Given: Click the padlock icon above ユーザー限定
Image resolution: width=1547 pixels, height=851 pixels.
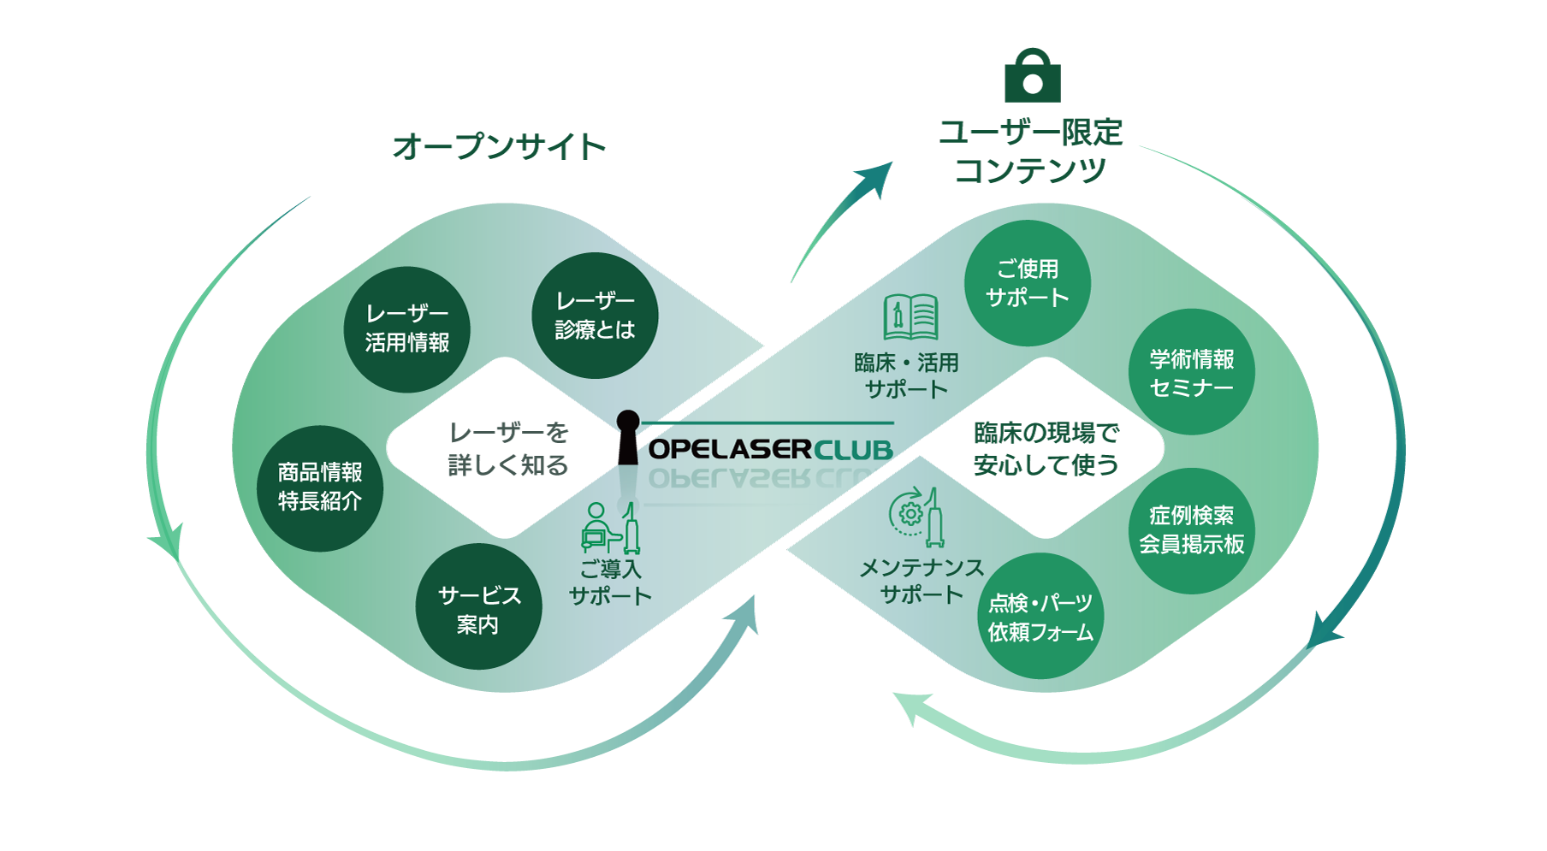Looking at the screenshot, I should (1033, 76).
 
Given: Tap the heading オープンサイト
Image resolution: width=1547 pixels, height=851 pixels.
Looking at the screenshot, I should (499, 146).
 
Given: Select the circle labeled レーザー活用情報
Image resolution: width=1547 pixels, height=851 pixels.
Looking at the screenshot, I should (407, 329).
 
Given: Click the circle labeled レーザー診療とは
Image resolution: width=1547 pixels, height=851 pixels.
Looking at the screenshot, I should (595, 316).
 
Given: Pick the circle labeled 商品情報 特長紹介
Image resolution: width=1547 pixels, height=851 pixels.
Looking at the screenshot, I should (320, 488).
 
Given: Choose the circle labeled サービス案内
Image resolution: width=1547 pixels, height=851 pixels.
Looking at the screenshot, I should (478, 607).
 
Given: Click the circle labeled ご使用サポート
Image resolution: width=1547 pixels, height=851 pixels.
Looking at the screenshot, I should (1027, 283).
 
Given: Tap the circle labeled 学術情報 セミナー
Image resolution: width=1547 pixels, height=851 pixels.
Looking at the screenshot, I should (1191, 373).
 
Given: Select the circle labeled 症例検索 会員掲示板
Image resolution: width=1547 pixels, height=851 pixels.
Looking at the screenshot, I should (1191, 530).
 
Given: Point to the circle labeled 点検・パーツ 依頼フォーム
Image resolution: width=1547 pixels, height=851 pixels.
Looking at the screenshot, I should (1040, 617).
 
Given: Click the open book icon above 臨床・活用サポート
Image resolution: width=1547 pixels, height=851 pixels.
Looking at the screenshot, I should (910, 317).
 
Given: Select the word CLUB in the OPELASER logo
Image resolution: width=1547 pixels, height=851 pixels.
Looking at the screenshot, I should (853, 450).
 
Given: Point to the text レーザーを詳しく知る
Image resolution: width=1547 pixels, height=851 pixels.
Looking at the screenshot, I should (508, 448).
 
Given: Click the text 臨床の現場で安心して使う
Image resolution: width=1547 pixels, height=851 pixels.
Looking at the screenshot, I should (1046, 448).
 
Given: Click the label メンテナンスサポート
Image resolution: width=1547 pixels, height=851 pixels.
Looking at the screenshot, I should (921, 581).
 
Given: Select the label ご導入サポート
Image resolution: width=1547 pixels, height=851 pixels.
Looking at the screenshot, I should (610, 582).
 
